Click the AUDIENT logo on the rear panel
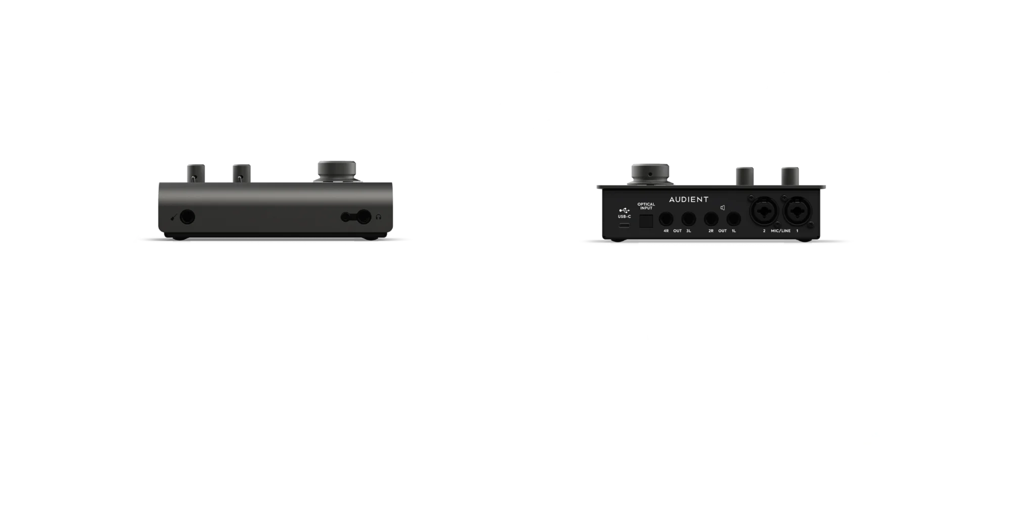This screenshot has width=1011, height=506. pyautogui.click(x=688, y=199)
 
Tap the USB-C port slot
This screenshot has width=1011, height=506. pyautogui.click(x=625, y=224)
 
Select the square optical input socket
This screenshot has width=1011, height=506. pyautogui.click(x=646, y=220)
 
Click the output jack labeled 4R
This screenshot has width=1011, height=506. pyautogui.click(x=666, y=219)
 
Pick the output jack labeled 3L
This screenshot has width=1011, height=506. pyautogui.click(x=687, y=219)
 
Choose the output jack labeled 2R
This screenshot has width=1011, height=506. pyautogui.click(x=711, y=219)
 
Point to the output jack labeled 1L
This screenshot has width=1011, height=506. pyautogui.click(x=733, y=219)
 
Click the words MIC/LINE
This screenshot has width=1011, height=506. pyautogui.click(x=780, y=231)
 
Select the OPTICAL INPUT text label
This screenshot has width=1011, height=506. pyautogui.click(x=646, y=206)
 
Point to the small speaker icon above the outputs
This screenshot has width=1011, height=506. pyautogui.click(x=722, y=208)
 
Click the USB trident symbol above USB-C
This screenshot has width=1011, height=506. pyautogui.click(x=624, y=210)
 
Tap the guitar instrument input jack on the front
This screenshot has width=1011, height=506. pyautogui.click(x=188, y=217)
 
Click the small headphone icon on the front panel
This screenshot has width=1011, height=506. pyautogui.click(x=379, y=217)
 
